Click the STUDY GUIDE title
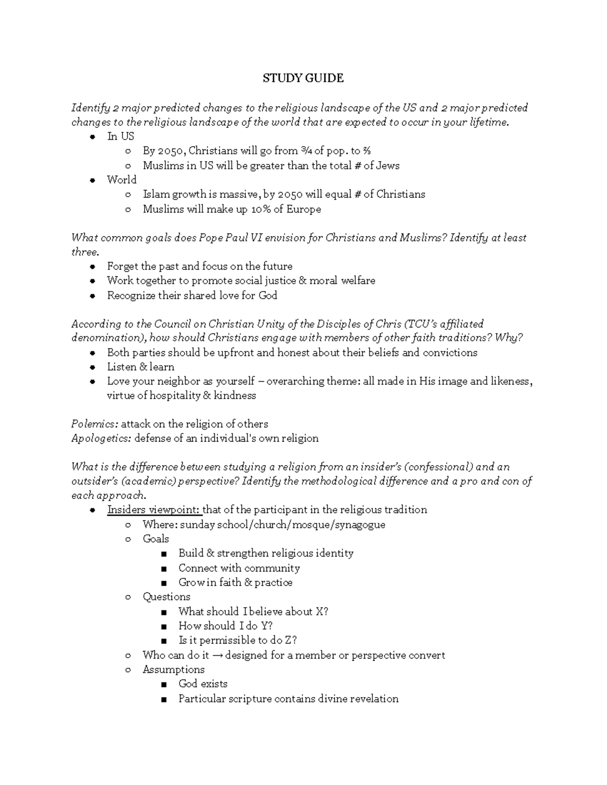pyautogui.click(x=303, y=78)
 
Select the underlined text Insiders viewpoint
pyautogui.click(x=154, y=510)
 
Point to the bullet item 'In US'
pyautogui.click(x=120, y=136)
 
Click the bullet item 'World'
pyautogui.click(x=121, y=180)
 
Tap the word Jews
pyautogui.click(x=388, y=165)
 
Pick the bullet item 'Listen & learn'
pyautogui.click(x=140, y=366)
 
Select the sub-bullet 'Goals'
pyautogui.click(x=155, y=539)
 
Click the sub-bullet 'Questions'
pyautogui.click(x=166, y=597)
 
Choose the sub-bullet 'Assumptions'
pyautogui.click(x=174, y=670)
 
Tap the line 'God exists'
pyautogui.click(x=203, y=684)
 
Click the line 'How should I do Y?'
pyautogui.click(x=225, y=626)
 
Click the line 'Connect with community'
pyautogui.click(x=239, y=568)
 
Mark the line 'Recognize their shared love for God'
pyautogui.click(x=192, y=295)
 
